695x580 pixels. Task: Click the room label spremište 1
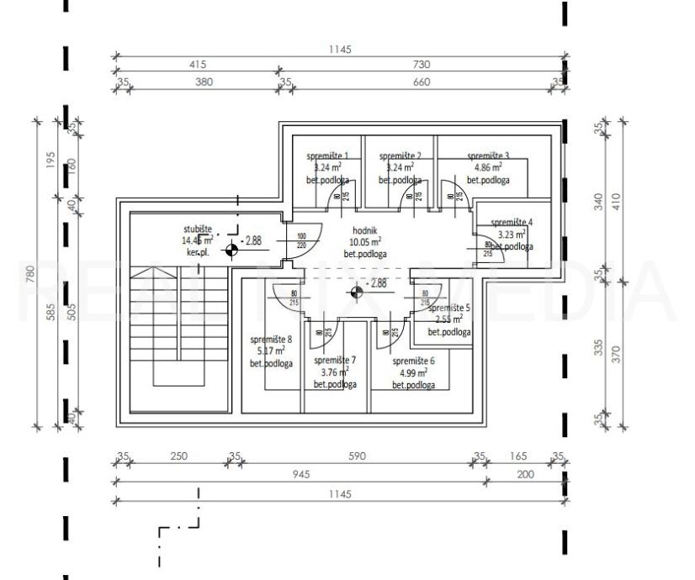point(327,156)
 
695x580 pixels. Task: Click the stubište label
point(199,229)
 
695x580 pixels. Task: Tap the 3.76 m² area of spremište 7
point(338,372)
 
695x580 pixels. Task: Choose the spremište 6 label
point(413,361)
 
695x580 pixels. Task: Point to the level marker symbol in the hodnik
point(357,292)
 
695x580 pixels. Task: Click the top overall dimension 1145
point(341,50)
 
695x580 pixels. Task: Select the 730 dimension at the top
point(422,65)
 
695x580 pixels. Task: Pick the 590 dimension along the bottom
point(357,456)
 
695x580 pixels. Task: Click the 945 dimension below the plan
point(300,474)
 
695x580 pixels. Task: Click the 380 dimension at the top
point(204,82)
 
